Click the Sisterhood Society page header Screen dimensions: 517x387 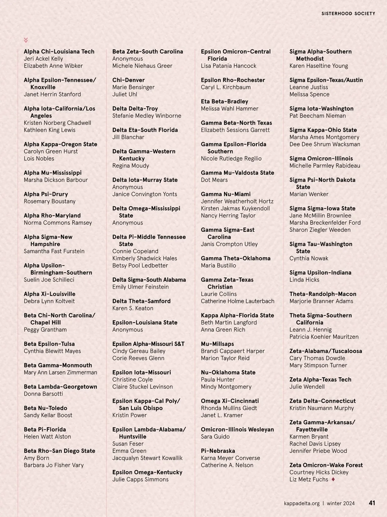click(x=348, y=14)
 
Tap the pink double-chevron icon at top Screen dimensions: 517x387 click(x=26, y=40)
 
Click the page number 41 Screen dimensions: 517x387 click(x=372, y=503)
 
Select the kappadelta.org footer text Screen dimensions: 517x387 click(x=302, y=503)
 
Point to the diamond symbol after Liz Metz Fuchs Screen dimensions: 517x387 click(x=333, y=479)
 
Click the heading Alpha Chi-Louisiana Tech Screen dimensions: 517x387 click(x=59, y=52)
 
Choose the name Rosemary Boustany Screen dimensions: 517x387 click(x=50, y=201)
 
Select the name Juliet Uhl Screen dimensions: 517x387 click(x=124, y=94)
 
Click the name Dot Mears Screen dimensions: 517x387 click(x=214, y=180)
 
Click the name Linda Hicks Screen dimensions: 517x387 click(x=304, y=280)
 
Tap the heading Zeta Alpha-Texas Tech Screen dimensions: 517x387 click(x=320, y=380)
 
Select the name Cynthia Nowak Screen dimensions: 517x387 click(x=309, y=258)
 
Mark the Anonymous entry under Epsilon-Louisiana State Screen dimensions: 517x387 click(x=127, y=330)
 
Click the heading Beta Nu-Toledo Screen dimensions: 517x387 click(x=45, y=408)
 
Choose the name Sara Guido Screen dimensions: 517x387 click(x=215, y=437)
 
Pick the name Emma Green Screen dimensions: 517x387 click(x=129, y=451)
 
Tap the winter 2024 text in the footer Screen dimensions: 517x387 click(x=341, y=503)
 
